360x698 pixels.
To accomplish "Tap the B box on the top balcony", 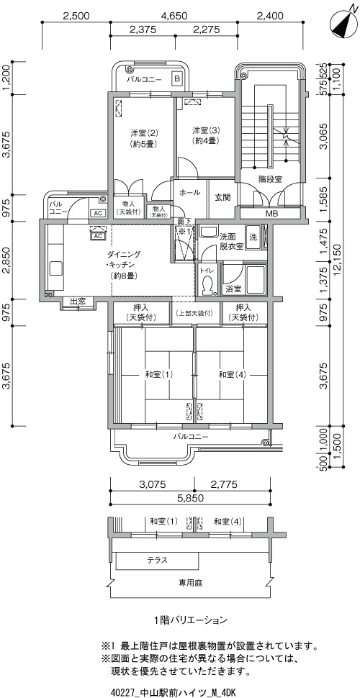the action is [177, 79].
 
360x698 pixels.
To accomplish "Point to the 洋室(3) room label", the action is [205, 135].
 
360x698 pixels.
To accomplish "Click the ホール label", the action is [190, 193].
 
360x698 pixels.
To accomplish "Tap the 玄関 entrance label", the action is [222, 196].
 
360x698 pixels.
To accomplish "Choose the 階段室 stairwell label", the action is [271, 179].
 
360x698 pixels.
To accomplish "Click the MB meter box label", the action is [271, 213].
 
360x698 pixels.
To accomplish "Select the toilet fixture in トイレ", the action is [207, 285].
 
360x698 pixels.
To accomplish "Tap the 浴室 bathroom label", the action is [234, 289].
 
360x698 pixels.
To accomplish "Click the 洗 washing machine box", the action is [253, 236].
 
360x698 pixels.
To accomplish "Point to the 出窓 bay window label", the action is [78, 302].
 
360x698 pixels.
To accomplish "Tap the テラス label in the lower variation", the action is [157, 560].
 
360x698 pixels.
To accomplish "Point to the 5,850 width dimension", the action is [189, 498].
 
